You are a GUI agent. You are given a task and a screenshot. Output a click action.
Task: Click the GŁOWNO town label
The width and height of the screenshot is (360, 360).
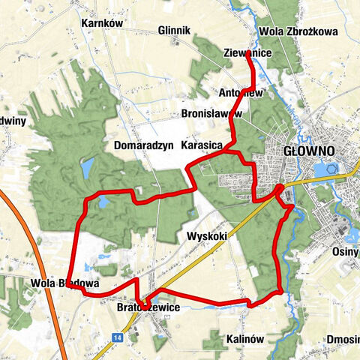tap(309, 151)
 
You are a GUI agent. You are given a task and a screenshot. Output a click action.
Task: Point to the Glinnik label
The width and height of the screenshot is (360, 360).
tap(175, 31)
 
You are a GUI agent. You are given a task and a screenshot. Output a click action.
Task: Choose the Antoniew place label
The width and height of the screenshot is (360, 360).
tap(240, 93)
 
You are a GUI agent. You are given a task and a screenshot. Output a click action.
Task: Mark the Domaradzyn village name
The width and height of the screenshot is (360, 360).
tap(144, 145)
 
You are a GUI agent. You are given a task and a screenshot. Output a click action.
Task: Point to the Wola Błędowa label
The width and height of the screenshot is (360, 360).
tap(65, 284)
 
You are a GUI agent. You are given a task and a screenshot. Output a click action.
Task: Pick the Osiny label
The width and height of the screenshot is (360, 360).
tap(346, 253)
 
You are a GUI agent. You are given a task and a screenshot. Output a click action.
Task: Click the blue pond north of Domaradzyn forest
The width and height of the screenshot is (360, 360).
tap(86, 168)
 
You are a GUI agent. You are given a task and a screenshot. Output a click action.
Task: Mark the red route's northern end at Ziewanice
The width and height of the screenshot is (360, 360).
tap(249, 60)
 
